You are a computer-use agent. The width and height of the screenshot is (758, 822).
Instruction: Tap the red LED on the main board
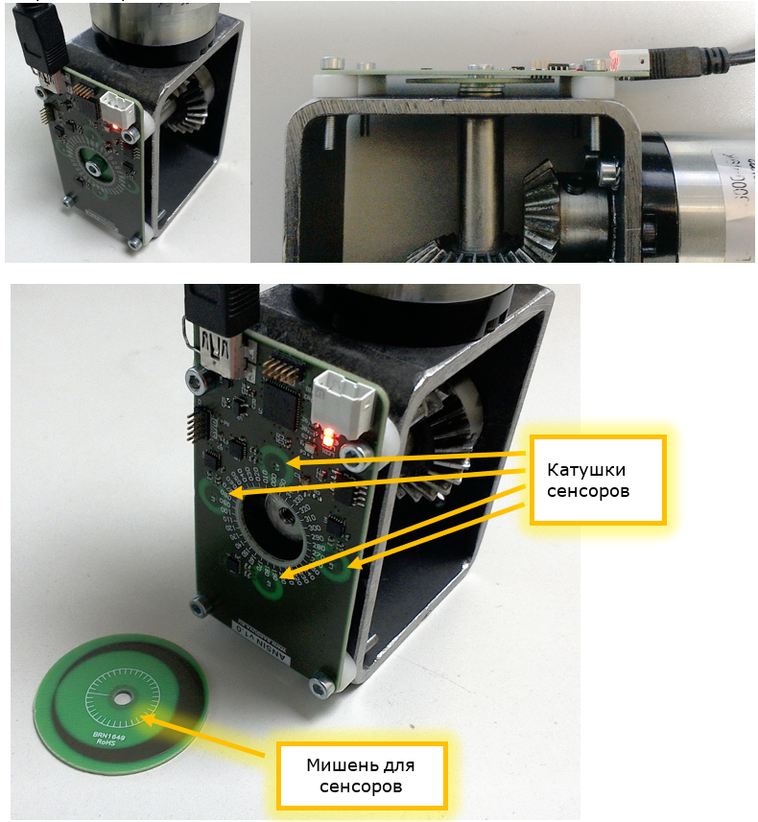[x=329, y=438]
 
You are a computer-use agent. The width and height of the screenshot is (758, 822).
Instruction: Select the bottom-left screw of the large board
[x=201, y=605]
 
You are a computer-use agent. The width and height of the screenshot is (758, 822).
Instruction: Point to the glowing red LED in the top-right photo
[x=615, y=63]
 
